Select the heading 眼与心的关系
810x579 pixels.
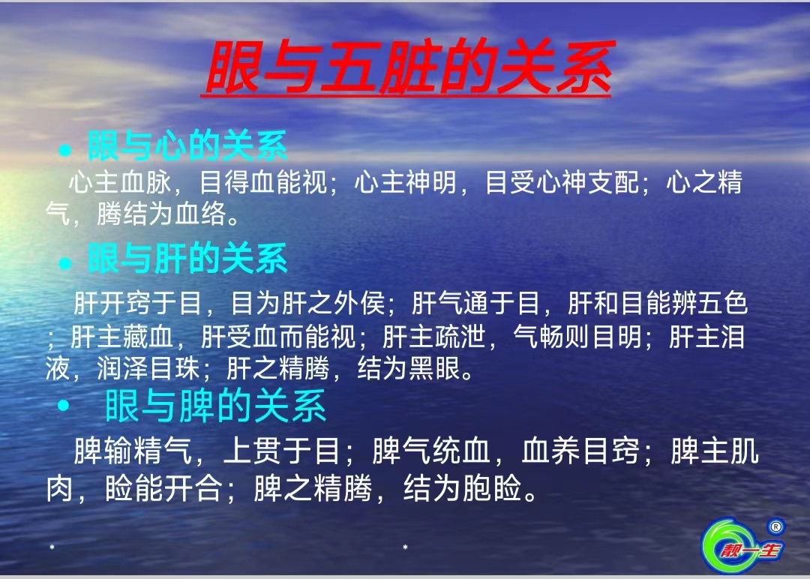(x=187, y=145)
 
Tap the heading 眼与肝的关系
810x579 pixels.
(x=187, y=258)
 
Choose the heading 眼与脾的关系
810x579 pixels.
(x=215, y=406)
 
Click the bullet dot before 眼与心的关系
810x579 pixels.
(x=64, y=150)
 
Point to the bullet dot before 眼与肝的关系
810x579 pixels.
(x=64, y=263)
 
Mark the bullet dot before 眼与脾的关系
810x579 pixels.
(x=63, y=406)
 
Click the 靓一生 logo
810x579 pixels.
(x=742, y=546)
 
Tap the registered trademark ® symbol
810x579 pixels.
(x=775, y=526)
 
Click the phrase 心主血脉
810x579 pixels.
(x=120, y=181)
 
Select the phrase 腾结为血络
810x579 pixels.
(x=161, y=213)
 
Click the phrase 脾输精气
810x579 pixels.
(x=133, y=451)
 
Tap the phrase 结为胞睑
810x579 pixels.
(x=462, y=488)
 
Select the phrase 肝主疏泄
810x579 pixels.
(x=434, y=337)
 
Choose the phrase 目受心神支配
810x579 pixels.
(x=562, y=181)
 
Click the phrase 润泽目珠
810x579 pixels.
(x=148, y=368)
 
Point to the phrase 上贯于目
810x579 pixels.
(x=281, y=451)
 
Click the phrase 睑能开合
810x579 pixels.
(x=163, y=488)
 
